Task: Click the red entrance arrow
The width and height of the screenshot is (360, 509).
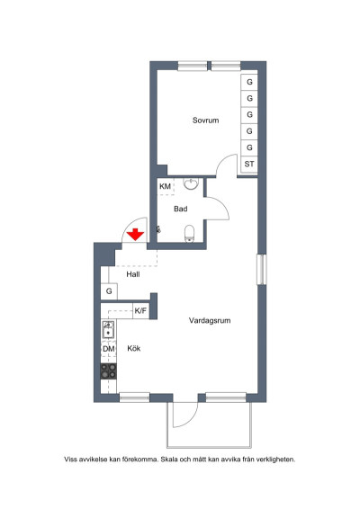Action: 135,235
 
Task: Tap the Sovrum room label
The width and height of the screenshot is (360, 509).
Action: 206,121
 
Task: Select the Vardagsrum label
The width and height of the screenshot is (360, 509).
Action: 210,320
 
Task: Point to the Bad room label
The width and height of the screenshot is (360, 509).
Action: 180,209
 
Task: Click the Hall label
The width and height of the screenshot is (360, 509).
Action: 133,274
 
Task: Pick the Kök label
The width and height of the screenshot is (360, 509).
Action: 133,348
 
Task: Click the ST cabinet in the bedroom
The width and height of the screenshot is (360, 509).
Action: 249,164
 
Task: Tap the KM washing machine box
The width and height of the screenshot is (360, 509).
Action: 166,187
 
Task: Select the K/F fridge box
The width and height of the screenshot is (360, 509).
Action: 140,311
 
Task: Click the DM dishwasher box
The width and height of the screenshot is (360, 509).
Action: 109,349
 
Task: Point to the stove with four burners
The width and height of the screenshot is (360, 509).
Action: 109,371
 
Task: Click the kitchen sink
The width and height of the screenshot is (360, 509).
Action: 108,329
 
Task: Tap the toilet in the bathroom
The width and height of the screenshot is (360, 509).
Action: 189,234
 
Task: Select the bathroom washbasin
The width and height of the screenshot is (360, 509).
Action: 191,183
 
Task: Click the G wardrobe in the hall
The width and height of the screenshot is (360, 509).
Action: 109,291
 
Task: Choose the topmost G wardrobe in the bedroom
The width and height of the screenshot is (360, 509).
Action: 249,82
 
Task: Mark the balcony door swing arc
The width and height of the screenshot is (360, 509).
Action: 193,419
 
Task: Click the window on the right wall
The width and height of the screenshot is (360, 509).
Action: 262,270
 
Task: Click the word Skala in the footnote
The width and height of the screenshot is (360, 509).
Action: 170,460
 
